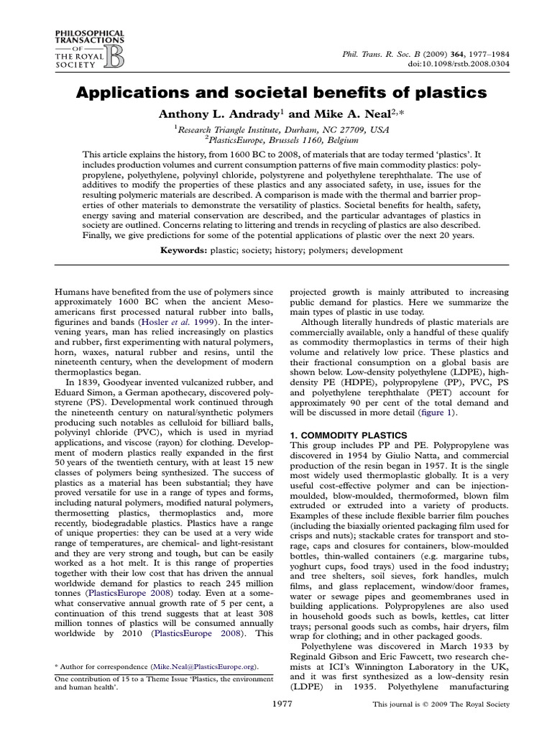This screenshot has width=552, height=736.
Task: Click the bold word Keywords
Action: [184, 250]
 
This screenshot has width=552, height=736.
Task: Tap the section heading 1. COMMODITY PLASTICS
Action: [348, 436]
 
